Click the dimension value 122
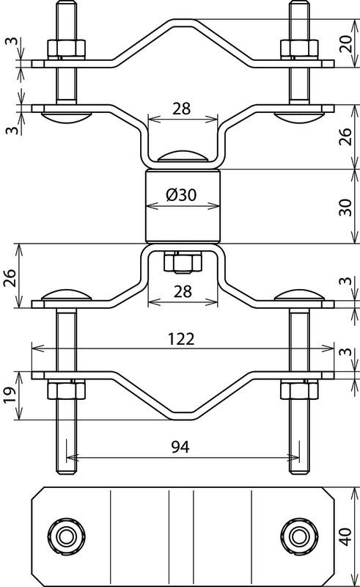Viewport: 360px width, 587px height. click(181, 339)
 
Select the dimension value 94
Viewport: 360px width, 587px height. click(181, 446)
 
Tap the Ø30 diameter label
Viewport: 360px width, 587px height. click(181, 194)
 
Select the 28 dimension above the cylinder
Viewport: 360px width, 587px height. click(182, 109)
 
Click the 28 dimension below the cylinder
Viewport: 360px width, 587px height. click(183, 291)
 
